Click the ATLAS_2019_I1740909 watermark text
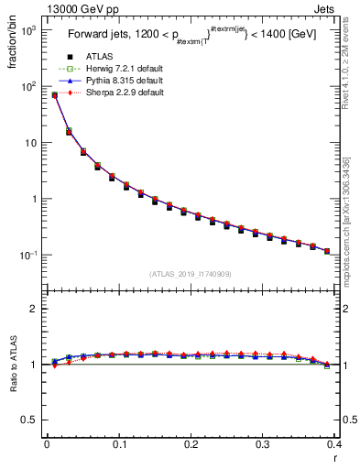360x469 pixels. tap(191, 273)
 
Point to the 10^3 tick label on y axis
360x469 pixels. tap(27, 30)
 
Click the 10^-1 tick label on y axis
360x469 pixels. tap(27, 255)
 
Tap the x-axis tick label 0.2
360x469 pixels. tap(191, 445)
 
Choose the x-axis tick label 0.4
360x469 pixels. tap(334, 445)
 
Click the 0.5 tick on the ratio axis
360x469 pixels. tap(31, 420)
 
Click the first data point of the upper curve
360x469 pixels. tap(54, 94)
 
